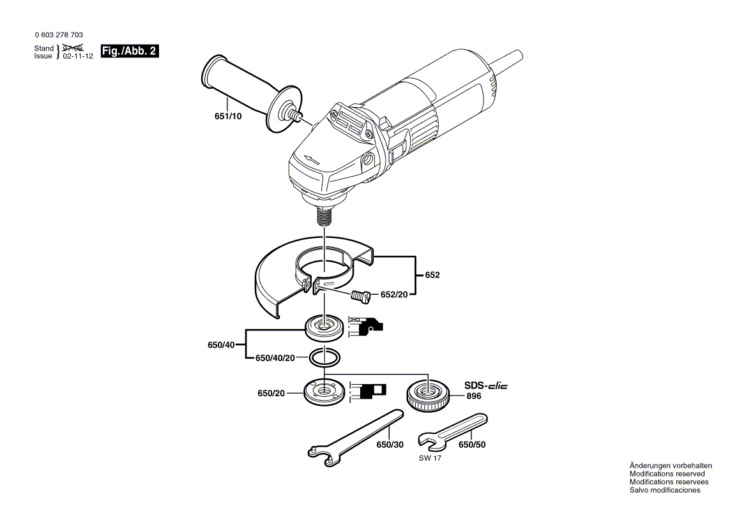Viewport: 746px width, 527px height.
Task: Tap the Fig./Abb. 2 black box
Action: pos(130,52)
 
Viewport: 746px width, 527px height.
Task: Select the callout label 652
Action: pos(432,275)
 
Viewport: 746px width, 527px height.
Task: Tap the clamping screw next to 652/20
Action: pos(362,295)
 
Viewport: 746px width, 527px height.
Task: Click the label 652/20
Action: pos(394,295)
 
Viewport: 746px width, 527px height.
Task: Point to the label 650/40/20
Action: pos(275,359)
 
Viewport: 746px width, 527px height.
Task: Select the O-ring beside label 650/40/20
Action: pos(324,358)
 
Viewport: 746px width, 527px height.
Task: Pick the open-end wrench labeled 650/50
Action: pos(452,431)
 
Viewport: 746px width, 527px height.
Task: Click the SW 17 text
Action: pos(430,459)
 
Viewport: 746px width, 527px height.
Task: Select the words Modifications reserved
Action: pos(667,474)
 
